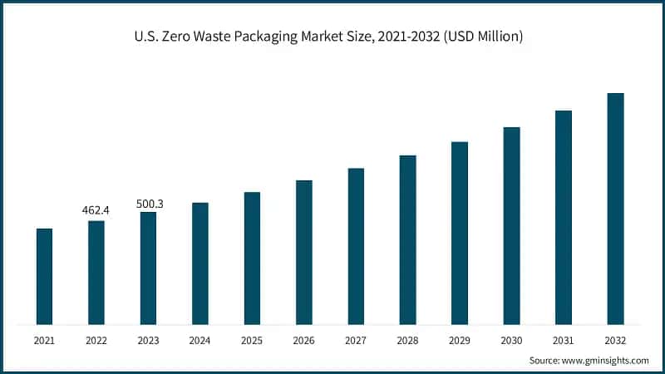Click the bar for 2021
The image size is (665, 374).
(44, 276)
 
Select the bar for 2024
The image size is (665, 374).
(200, 263)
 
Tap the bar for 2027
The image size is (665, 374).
(356, 246)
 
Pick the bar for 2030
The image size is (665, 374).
(512, 225)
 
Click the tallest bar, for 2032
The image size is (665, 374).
(615, 209)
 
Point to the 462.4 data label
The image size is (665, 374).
(96, 210)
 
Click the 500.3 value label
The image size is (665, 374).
(148, 202)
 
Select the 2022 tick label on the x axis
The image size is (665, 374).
(96, 340)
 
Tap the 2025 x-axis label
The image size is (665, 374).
(252, 340)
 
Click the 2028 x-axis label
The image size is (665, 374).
(408, 340)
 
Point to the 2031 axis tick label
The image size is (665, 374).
(564, 340)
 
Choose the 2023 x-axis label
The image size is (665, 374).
(148, 340)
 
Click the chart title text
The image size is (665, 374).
(332, 37)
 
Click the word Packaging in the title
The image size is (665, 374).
(312, 37)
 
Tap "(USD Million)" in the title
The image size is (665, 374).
(482, 37)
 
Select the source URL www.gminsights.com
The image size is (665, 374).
(606, 361)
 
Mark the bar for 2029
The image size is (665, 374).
(460, 233)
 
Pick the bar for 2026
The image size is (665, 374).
(304, 252)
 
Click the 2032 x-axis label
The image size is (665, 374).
(615, 340)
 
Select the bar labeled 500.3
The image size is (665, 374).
(148, 268)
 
